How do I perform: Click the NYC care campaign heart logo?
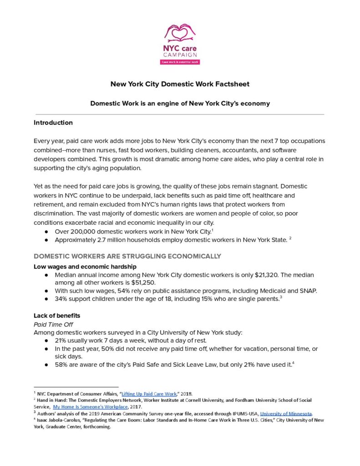pyautogui.click(x=180, y=34)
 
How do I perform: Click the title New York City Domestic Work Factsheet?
pyautogui.click(x=180, y=84)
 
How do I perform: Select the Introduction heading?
pyautogui.click(x=53, y=122)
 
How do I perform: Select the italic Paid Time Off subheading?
pyautogui.click(x=51, y=324)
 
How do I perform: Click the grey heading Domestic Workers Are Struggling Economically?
pyautogui.click(x=127, y=256)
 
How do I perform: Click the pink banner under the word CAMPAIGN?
pyautogui.click(x=180, y=61)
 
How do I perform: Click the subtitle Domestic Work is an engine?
pyautogui.click(x=180, y=103)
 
